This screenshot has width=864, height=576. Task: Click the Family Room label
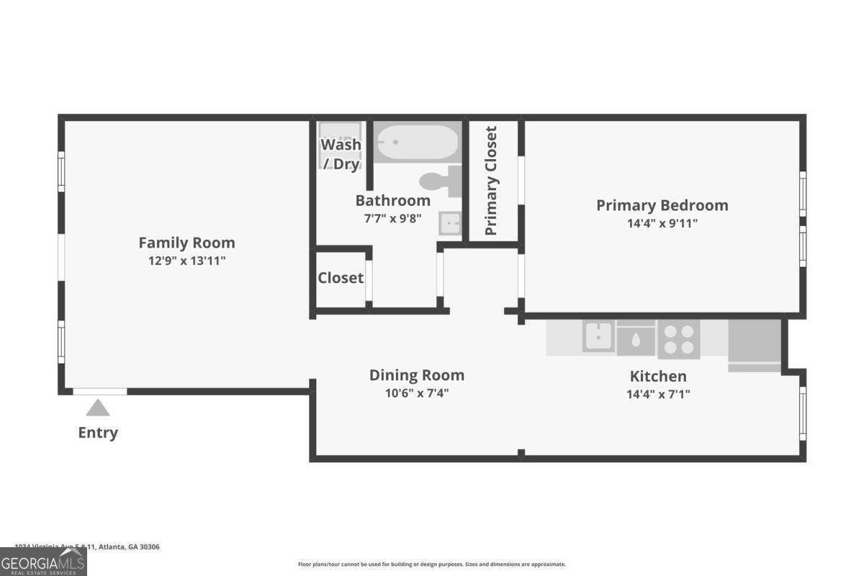tap(186, 243)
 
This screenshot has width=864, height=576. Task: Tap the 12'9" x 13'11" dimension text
tap(186, 261)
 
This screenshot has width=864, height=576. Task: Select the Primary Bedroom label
tap(662, 205)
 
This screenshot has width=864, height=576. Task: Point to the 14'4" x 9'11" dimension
tap(662, 223)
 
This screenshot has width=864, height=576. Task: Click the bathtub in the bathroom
tap(417, 143)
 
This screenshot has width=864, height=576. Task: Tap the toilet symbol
tap(441, 181)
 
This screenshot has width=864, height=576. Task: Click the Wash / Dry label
tap(341, 153)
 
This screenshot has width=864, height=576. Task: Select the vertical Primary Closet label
tap(491, 181)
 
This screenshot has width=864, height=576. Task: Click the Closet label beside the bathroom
tap(341, 278)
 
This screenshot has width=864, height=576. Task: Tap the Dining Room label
tap(416, 375)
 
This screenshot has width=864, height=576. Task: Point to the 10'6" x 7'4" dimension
tap(416, 393)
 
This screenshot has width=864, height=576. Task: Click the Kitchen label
tap(658, 376)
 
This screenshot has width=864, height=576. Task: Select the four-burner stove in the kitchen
tap(678, 339)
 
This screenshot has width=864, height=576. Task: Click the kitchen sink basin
tap(598, 336)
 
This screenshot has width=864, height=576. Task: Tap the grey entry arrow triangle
tap(98, 408)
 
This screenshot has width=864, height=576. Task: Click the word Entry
tap(98, 433)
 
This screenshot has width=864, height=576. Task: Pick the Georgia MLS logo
tap(43, 562)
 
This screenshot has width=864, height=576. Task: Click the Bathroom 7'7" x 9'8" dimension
tap(392, 217)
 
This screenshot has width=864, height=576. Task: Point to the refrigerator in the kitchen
tap(755, 344)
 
